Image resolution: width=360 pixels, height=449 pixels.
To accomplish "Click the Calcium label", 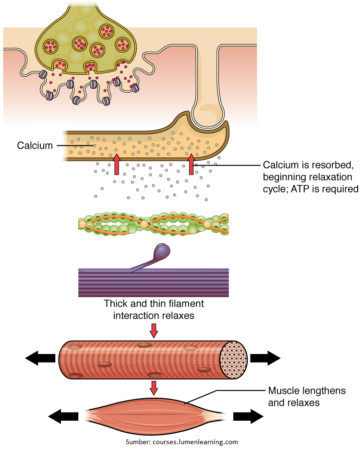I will pyautogui.click(x=35, y=145).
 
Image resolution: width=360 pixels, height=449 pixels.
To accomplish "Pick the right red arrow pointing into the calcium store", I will pyautogui.click(x=192, y=164).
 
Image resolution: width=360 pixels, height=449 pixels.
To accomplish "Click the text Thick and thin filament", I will pyautogui.click(x=154, y=304).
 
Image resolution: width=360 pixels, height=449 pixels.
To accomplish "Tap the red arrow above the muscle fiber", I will pyautogui.click(x=154, y=330).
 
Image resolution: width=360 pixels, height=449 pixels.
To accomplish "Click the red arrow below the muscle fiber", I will pyautogui.click(x=154, y=387).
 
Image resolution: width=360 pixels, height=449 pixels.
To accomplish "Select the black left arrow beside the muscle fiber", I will pyautogui.click(x=40, y=357).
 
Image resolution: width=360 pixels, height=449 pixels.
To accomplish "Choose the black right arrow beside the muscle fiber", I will pyautogui.click(x=265, y=357).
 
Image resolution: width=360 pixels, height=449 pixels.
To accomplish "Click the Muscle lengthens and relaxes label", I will pyautogui.click(x=306, y=397).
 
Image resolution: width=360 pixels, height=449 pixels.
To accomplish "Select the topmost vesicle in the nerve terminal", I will pyautogui.click(x=106, y=32).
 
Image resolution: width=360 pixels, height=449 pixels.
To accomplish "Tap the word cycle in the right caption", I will pyautogui.click(x=276, y=189).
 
